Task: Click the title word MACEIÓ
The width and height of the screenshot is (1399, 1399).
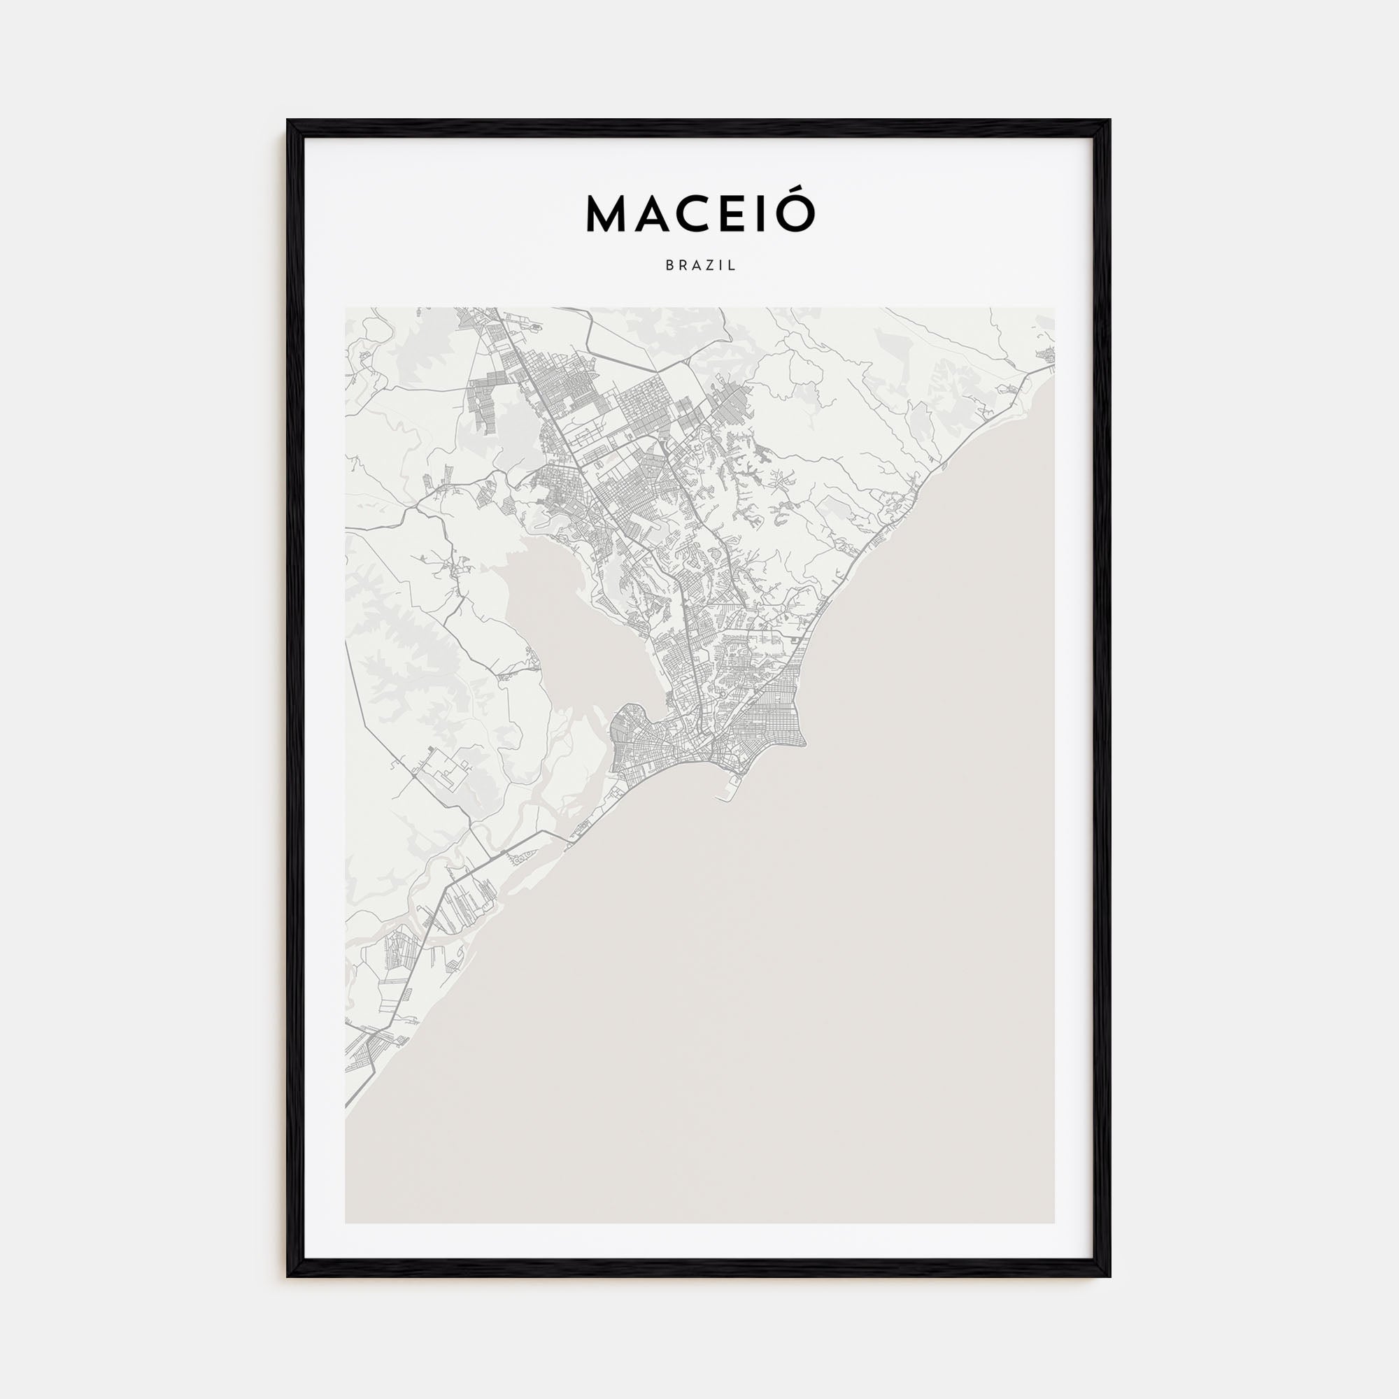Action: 699,214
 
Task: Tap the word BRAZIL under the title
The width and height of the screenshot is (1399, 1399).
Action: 700,266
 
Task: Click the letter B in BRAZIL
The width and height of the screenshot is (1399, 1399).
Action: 669,266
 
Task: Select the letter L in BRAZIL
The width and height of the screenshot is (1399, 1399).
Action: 733,266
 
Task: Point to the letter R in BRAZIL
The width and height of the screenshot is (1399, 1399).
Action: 683,266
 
